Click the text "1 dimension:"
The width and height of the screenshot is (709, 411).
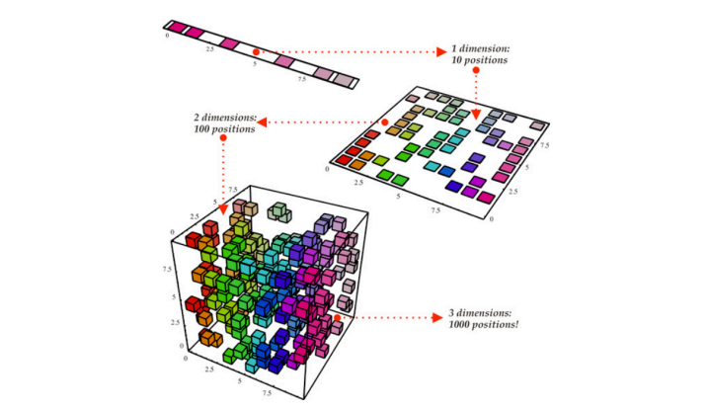pos(480,48)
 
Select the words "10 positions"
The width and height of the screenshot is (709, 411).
pos(479,60)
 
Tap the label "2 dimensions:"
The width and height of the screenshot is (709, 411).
pos(225,118)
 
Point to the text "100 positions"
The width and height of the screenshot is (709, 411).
pos(224,129)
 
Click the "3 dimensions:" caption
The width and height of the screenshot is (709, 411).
pos(480,313)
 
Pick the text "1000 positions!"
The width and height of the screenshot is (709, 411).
pos(484,324)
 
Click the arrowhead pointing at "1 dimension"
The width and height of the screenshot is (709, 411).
pos(441,52)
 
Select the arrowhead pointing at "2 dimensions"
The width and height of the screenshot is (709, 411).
pos(263,122)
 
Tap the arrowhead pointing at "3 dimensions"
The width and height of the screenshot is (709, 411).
pos(437,318)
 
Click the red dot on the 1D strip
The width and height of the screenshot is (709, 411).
pos(256,52)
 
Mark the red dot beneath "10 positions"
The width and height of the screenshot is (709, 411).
pos(476,70)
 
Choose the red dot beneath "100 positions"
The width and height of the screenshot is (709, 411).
pos(223,137)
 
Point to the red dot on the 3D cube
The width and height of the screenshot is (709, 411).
pos(337,318)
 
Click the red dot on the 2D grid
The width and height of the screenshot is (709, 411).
pos(385,123)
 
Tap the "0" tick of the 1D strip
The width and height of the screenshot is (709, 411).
pos(167,36)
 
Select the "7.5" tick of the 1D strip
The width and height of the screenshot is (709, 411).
pos(301,79)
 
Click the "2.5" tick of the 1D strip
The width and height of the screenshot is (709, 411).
pos(210,48)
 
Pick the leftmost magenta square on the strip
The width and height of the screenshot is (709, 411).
pos(178,27)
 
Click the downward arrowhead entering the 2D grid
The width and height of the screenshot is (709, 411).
pos(476,115)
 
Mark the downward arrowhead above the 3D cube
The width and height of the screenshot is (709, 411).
pos(223,208)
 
